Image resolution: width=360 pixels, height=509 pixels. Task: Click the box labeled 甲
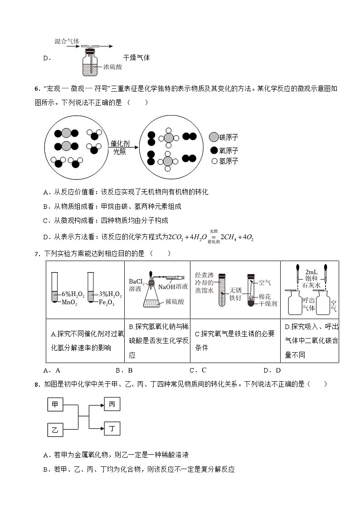(55, 404)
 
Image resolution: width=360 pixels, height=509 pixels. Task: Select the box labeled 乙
(55, 429)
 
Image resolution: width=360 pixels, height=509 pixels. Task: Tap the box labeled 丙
(112, 404)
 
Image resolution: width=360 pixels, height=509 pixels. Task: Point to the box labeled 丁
(112, 428)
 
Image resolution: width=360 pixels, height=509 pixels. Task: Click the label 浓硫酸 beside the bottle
(112, 67)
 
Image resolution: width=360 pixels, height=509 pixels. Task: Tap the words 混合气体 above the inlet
(67, 41)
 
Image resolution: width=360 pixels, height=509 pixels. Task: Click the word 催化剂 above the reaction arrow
(120, 143)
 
